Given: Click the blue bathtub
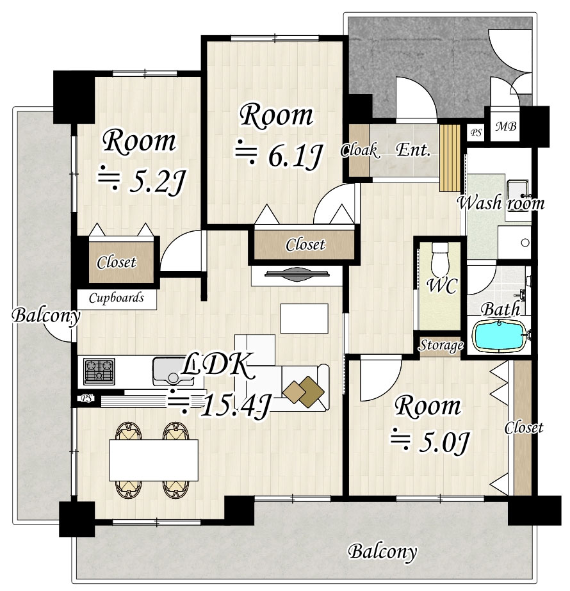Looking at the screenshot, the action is click(x=500, y=336).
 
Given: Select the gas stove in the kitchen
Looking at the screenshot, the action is click(x=99, y=371).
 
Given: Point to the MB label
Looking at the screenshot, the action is click(x=505, y=126).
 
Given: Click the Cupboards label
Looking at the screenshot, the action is click(x=117, y=298).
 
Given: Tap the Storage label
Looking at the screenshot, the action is click(x=441, y=345).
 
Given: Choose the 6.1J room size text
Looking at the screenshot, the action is click(x=279, y=155).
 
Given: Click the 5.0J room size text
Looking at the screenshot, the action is click(x=429, y=441).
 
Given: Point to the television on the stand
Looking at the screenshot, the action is click(x=297, y=273).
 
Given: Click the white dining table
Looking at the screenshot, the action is click(x=154, y=460).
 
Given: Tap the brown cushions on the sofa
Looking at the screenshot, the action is click(x=304, y=392).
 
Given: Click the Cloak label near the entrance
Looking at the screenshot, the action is click(x=359, y=150).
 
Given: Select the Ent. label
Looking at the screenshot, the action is click(x=413, y=150).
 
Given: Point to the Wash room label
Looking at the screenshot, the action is click(x=501, y=203).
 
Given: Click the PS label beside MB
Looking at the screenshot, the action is click(x=476, y=133).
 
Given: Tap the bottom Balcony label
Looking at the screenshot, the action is click(x=382, y=552).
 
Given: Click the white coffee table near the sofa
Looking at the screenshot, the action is click(x=304, y=318).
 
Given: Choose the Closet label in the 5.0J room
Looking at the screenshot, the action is click(x=524, y=428).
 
